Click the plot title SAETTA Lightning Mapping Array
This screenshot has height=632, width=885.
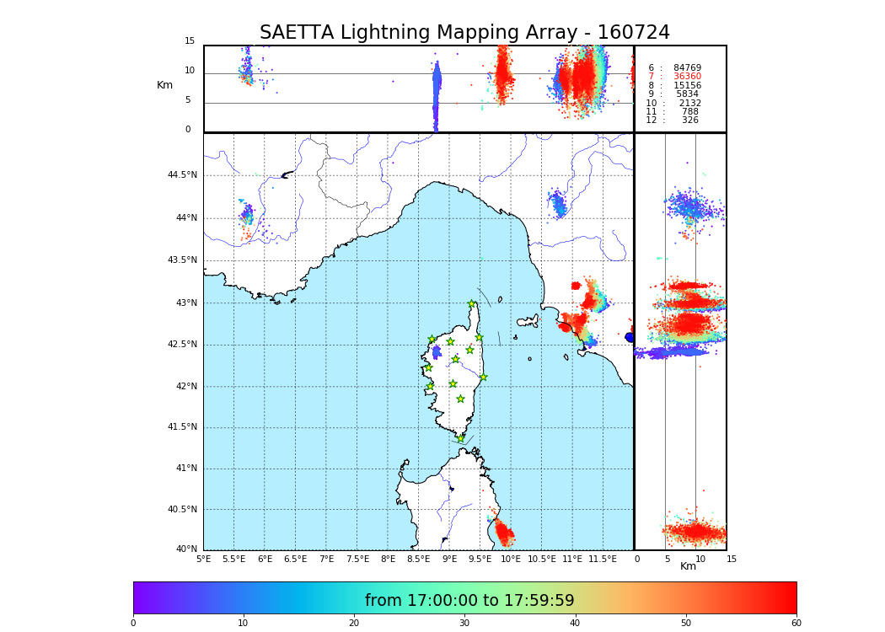point(464,33)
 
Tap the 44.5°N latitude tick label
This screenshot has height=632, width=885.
point(182,175)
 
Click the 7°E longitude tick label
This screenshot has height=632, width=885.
point(326,559)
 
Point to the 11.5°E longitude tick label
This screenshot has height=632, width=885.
point(603,559)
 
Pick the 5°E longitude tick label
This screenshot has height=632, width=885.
point(204,559)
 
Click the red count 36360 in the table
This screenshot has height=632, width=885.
point(687,77)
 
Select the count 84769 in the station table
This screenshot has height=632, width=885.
point(687,68)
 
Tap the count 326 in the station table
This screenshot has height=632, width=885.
point(690,121)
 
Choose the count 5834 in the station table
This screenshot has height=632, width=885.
point(687,94)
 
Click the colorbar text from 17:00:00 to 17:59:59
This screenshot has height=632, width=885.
point(469,601)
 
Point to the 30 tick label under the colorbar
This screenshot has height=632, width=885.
point(464,624)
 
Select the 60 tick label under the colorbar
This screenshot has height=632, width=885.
point(796,624)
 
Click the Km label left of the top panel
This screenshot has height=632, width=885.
point(164,85)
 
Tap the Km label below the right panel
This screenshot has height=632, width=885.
point(689,566)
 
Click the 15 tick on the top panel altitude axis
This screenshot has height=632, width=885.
point(190,41)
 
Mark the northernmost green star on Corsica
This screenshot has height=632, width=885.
point(472,304)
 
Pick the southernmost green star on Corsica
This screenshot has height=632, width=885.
point(461,438)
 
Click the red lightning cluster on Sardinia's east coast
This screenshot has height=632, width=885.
point(505,533)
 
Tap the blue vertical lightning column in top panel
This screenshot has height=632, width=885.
point(436,93)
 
